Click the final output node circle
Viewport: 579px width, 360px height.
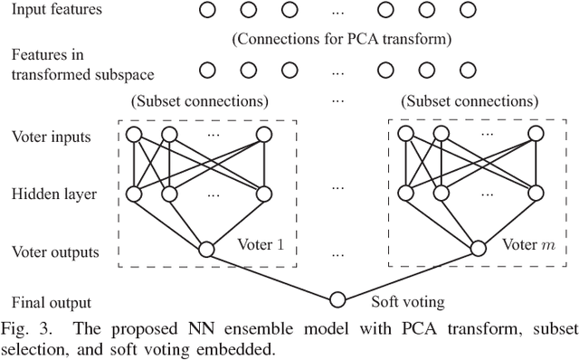[x=337, y=299]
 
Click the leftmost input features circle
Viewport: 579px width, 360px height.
[x=207, y=11]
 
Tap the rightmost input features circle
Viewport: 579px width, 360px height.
[x=467, y=11]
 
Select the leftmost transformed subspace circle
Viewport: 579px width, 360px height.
[x=207, y=69]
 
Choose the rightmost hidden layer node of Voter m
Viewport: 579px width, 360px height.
[x=536, y=192]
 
